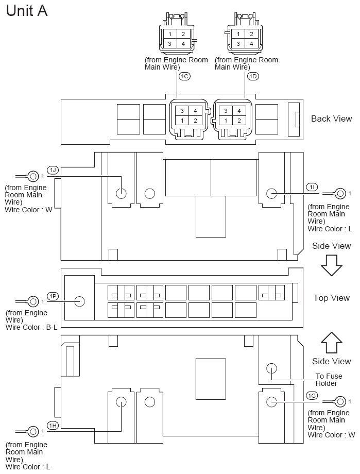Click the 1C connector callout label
184,76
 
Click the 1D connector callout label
253,76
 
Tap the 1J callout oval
53,170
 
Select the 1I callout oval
312,187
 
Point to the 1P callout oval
53,296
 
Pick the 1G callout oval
312,395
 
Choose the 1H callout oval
53,426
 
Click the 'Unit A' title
27,11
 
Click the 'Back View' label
332,118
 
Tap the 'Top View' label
332,298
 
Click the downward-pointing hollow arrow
331,265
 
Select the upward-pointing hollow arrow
331,343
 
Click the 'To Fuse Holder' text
329,380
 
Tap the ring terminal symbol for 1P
32,301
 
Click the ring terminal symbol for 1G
340,402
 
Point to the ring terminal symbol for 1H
32,431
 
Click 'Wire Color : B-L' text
31,327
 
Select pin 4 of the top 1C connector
183,44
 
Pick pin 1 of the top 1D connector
238,34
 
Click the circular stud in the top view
79,301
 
